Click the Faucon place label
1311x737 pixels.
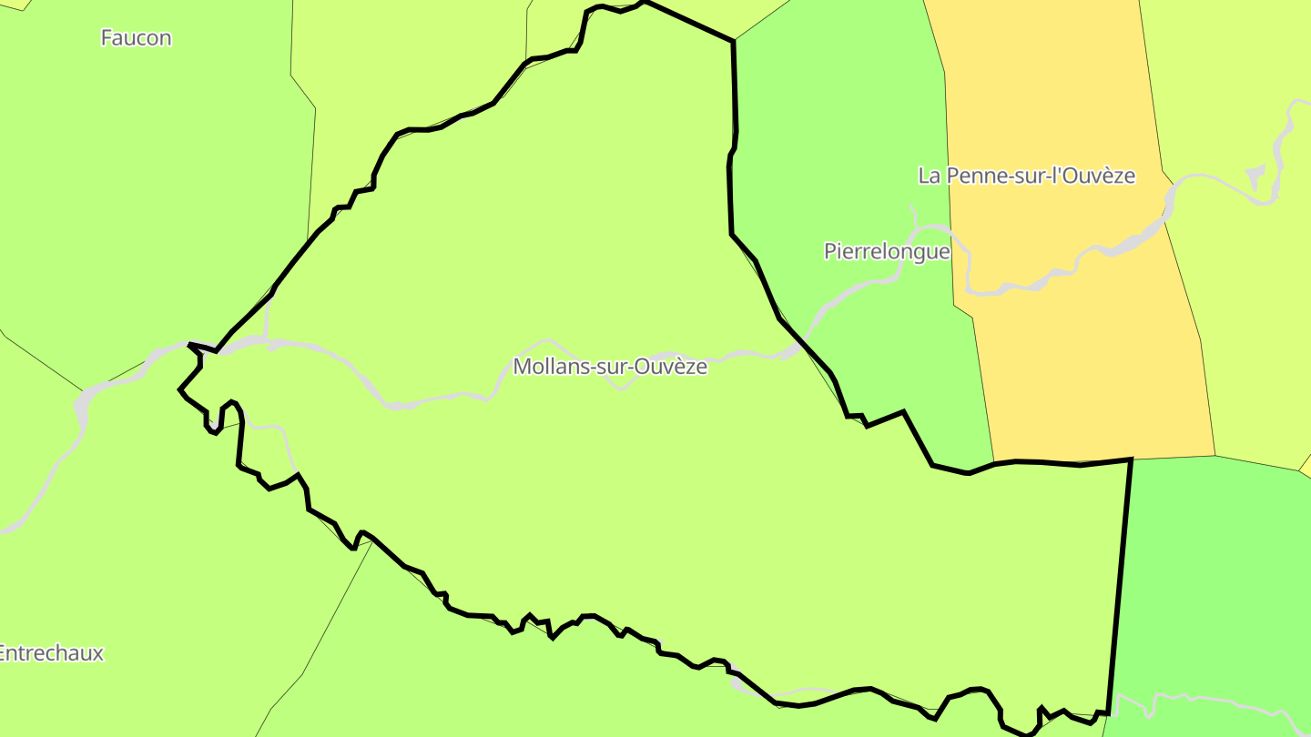click(x=136, y=38)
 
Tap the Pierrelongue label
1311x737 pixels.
click(x=887, y=251)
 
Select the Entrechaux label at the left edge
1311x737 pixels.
click(x=51, y=653)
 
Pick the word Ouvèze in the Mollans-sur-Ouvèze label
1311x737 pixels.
click(x=673, y=367)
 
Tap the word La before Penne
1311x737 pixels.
click(x=930, y=176)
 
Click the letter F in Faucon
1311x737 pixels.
click(x=107, y=38)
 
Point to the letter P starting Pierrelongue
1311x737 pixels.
click(x=830, y=251)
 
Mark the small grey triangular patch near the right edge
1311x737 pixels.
click(x=1255, y=175)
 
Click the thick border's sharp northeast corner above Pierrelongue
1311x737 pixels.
click(x=733, y=41)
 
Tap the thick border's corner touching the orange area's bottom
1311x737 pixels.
click(x=1131, y=459)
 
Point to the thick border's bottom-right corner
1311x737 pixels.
click(x=1108, y=712)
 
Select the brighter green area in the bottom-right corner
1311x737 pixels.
click(x=1211, y=582)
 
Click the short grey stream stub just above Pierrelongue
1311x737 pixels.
click(x=913, y=215)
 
